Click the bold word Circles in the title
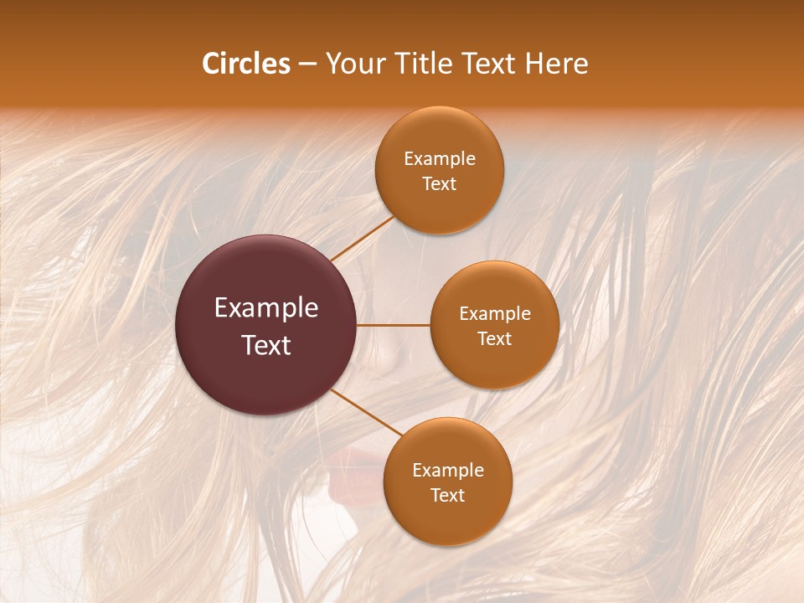(246, 64)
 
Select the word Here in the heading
(556, 64)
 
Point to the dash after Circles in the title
(307, 64)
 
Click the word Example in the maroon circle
(266, 308)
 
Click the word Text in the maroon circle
(266, 345)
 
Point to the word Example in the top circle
(440, 159)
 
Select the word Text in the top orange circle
(440, 184)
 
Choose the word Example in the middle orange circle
(495, 314)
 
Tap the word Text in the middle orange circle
(495, 339)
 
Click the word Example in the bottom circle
(448, 471)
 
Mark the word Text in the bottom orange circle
(448, 496)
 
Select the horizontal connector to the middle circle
(394, 325)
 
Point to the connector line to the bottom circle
(366, 412)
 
